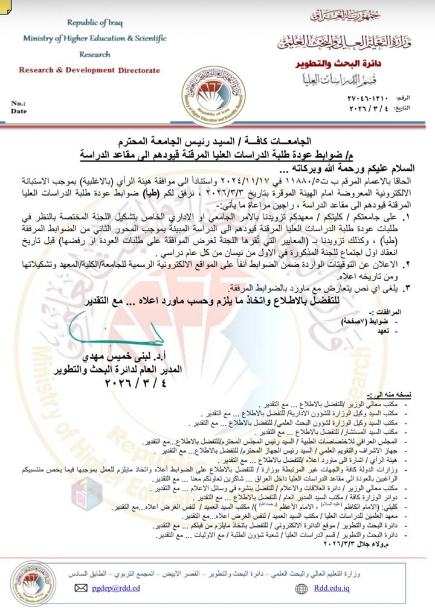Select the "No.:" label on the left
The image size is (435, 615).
(18, 103)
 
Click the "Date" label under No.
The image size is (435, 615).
(19, 111)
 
